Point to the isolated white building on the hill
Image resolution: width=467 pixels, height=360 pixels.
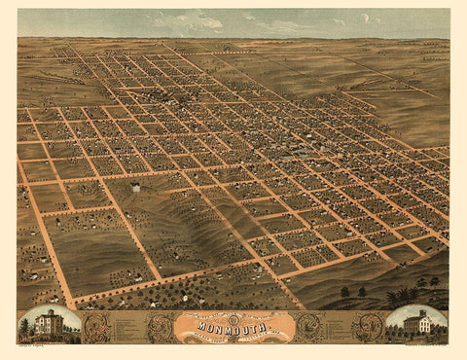[x=134, y=187]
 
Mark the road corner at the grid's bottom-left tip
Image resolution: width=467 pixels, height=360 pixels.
[x=71, y=302]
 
